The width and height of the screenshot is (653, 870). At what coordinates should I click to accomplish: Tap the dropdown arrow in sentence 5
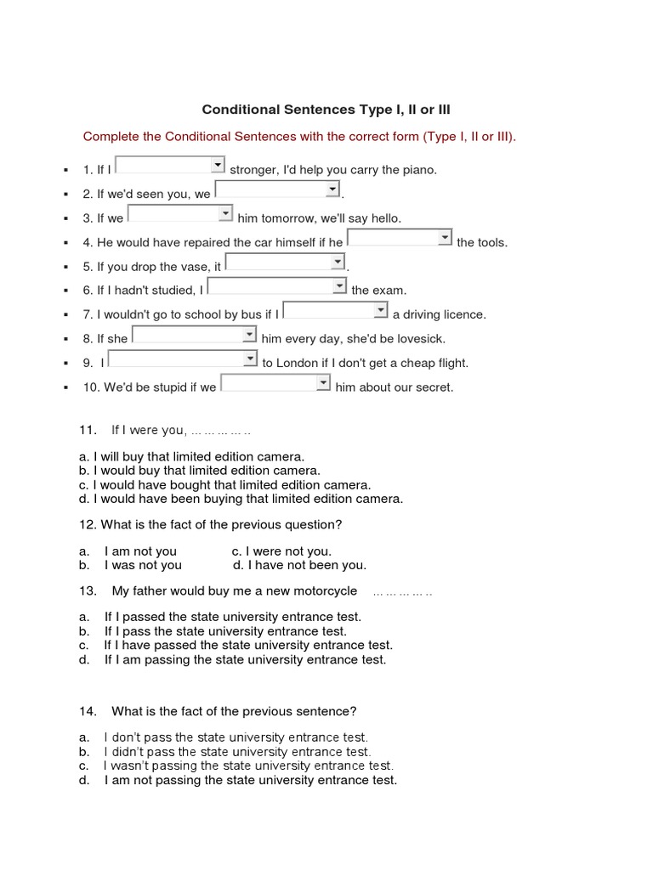pyautogui.click(x=338, y=262)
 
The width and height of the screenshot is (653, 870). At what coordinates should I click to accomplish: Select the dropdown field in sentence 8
pyautogui.click(x=194, y=335)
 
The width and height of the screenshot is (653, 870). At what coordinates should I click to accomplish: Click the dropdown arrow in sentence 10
pyautogui.click(x=323, y=383)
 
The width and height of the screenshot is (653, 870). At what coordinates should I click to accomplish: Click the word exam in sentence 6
pyautogui.click(x=391, y=291)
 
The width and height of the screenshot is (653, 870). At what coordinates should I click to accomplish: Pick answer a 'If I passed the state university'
pyautogui.click(x=232, y=617)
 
